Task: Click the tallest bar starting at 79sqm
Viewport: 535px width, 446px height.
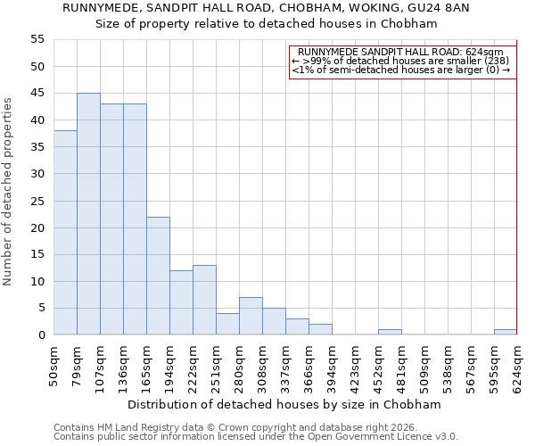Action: (88, 214)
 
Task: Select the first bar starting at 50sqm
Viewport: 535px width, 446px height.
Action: (65, 233)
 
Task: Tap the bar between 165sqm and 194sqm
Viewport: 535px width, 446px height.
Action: (158, 276)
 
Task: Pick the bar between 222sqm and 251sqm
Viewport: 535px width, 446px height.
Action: (204, 300)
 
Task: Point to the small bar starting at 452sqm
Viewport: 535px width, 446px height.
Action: (390, 332)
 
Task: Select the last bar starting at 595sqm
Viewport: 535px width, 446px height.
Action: (506, 332)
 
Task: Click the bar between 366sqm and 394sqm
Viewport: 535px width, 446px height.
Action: (320, 329)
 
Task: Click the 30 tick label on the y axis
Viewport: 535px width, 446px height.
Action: (37, 174)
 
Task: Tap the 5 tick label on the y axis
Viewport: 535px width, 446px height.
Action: (41, 308)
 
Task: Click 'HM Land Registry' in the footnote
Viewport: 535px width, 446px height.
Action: (135, 427)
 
